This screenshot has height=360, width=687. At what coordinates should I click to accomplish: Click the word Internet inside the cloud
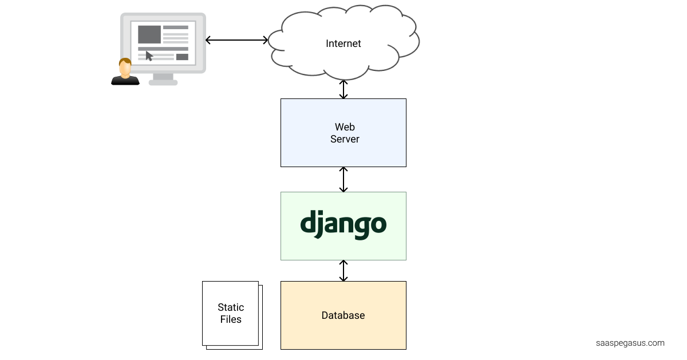click(x=343, y=43)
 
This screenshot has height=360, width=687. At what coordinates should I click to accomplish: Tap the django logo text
click(x=343, y=224)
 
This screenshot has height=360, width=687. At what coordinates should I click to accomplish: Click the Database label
click(x=343, y=315)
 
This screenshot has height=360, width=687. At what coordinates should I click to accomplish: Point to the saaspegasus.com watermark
click(x=630, y=343)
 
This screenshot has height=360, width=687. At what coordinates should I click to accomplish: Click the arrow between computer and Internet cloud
click(x=236, y=40)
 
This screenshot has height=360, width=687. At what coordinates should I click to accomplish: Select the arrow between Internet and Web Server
click(x=343, y=89)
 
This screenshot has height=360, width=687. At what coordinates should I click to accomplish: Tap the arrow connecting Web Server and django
click(x=343, y=179)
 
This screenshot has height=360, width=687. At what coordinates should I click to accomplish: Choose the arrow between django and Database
click(x=343, y=271)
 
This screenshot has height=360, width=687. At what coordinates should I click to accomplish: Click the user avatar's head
click(x=125, y=67)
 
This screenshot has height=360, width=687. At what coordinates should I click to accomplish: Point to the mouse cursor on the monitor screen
click(x=149, y=56)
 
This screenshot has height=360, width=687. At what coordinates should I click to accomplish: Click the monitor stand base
click(x=163, y=82)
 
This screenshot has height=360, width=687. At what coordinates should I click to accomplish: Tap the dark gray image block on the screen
click(x=149, y=34)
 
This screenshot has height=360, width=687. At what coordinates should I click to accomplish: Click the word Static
click(x=231, y=307)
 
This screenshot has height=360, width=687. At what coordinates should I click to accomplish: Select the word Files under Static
click(x=231, y=319)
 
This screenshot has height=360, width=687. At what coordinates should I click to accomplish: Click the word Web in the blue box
click(x=345, y=127)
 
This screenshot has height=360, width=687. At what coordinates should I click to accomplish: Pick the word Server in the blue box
click(x=345, y=139)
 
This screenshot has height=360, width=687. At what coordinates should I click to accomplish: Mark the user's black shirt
click(x=125, y=80)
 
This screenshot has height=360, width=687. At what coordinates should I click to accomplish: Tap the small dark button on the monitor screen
click(x=182, y=57)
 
